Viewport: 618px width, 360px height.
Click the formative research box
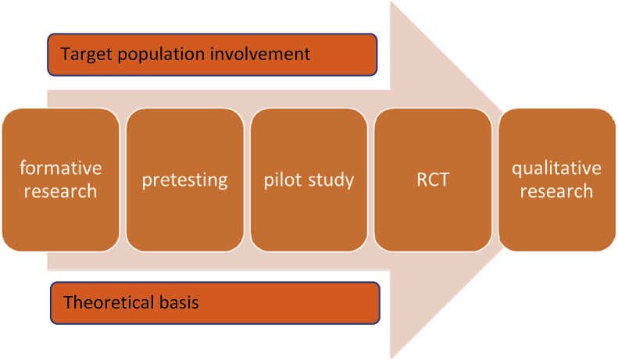coord(61,179)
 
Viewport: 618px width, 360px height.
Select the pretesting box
coord(185,179)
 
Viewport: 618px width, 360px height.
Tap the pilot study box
coord(309,179)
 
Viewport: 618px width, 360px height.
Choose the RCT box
coord(433,179)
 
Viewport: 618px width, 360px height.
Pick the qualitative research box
coord(556,179)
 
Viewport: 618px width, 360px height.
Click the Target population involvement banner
coord(213,54)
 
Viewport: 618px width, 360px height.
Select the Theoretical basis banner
coord(215,303)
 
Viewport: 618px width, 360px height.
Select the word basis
coord(177,303)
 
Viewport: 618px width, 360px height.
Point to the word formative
coord(61,168)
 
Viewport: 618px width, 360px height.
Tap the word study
coord(330,180)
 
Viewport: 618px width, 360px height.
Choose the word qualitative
coord(556,168)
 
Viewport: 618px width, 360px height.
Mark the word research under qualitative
coord(556,191)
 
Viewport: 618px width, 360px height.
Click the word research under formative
coord(61,191)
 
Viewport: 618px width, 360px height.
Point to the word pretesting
coord(185,180)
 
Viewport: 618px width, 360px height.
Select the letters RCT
coord(433,180)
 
